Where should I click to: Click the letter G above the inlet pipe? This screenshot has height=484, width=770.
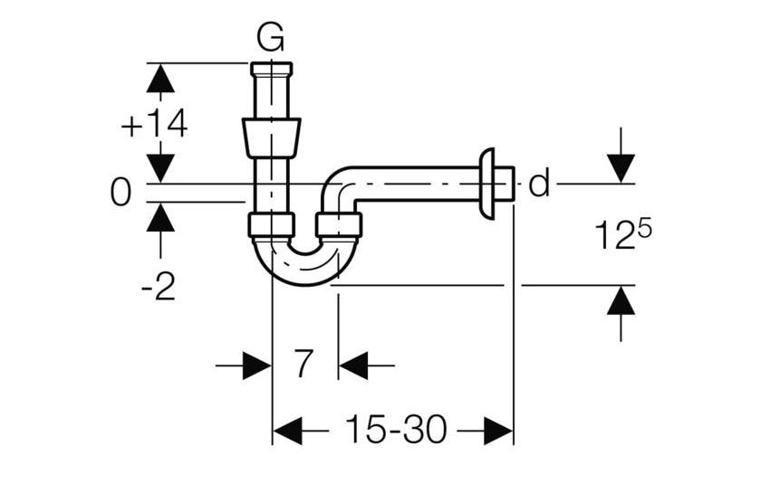[270, 38]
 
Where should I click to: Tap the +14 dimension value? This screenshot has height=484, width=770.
[154, 125]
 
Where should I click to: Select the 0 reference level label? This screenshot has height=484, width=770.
[120, 192]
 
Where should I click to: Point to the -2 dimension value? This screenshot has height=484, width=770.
[159, 287]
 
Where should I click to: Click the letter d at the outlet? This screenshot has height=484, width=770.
[538, 184]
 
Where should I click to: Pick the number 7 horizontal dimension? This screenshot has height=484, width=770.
[303, 365]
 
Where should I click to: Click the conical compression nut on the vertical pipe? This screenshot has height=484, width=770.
[271, 136]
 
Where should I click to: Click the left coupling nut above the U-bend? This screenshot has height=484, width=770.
[272, 224]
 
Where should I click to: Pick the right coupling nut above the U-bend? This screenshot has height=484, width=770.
[339, 224]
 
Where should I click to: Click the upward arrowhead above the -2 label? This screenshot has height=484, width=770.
[160, 218]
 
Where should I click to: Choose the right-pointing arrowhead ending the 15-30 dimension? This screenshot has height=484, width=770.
[497, 431]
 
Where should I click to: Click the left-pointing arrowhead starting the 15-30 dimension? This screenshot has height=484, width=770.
[288, 431]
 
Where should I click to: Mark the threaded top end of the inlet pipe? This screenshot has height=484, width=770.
[271, 69]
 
